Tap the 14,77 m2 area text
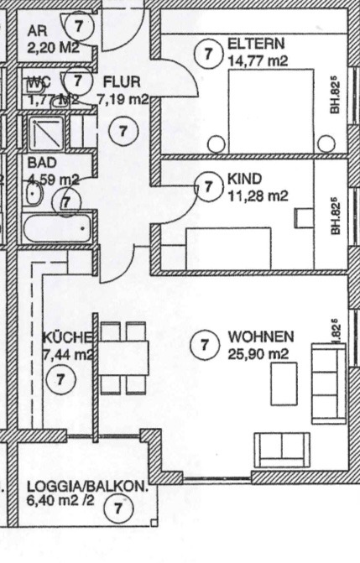coord(257,60)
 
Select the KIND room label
coord(244,180)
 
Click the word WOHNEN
coord(260,337)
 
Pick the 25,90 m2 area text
coord(258,353)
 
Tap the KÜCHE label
coord(66,338)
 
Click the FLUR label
coord(122,82)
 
